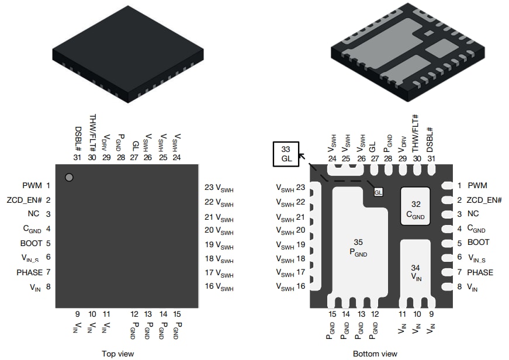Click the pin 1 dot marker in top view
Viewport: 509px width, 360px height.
click(x=69, y=177)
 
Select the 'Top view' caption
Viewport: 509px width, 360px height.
click(x=117, y=354)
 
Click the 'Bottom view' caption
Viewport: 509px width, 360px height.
click(x=375, y=354)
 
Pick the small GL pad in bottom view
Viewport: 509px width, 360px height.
click(x=378, y=192)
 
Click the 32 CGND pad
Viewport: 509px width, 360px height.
click(x=415, y=209)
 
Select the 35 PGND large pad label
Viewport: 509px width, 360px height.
click(x=358, y=247)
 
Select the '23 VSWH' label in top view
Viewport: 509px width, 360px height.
click(x=219, y=188)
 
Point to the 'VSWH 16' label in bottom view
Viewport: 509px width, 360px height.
click(x=290, y=286)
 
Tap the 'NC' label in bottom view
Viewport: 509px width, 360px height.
click(x=473, y=214)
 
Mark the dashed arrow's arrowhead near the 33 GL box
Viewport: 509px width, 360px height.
click(x=302, y=155)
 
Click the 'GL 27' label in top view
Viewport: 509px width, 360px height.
click(x=134, y=150)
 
